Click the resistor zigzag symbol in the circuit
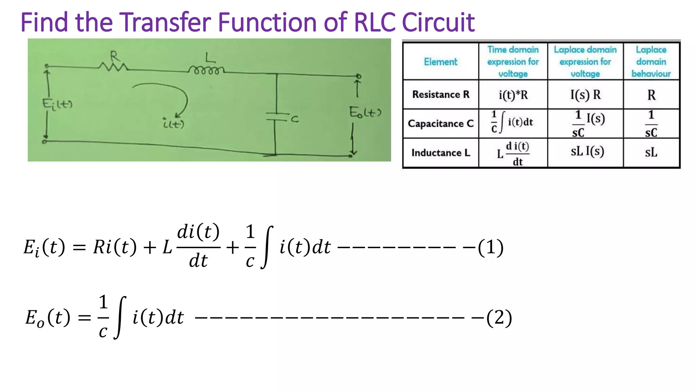pos(113,67)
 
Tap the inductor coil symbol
pos(206,71)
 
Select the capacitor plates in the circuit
pos(277,116)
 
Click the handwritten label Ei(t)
pos(57,104)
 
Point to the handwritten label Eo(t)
pos(365,112)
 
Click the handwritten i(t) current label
pos(173,124)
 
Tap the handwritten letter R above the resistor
pos(114,55)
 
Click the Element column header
pos(440,62)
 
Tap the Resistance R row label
pos(440,94)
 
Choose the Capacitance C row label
pos(440,124)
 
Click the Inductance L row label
pos(440,153)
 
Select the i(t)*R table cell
pos(513,95)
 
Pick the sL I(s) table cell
pos(587,151)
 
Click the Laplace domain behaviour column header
pos(651,62)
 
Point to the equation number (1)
pos(491,247)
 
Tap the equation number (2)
pos(499,318)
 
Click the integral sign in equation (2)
pos(120,318)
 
